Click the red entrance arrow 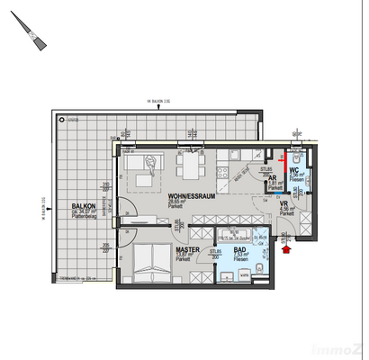[287, 253]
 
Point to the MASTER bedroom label [187, 249]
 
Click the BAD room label [240, 249]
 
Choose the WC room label [294, 170]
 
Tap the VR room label [283, 204]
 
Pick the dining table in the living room [190, 166]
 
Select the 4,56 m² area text [284, 210]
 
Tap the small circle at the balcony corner [61, 119]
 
